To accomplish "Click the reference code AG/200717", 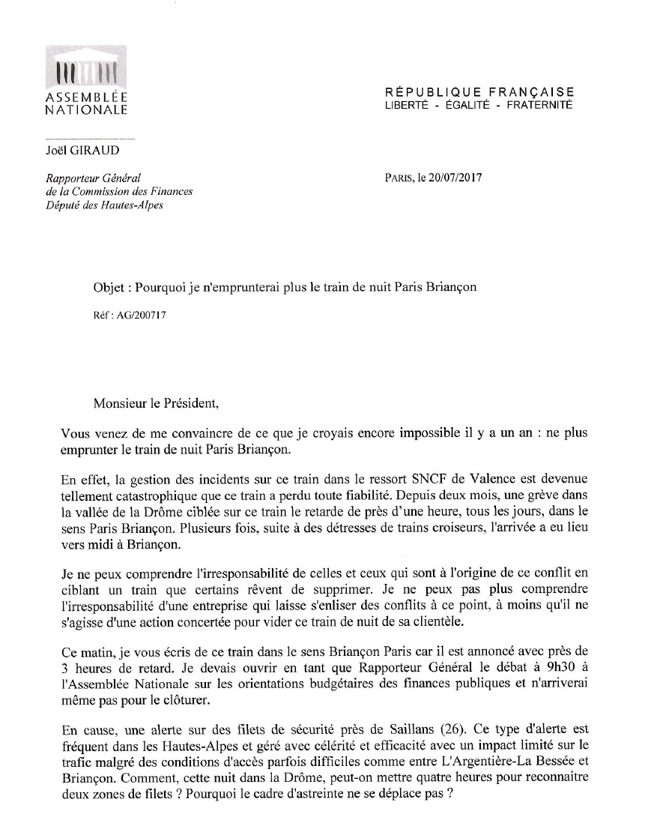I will coord(139,316).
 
